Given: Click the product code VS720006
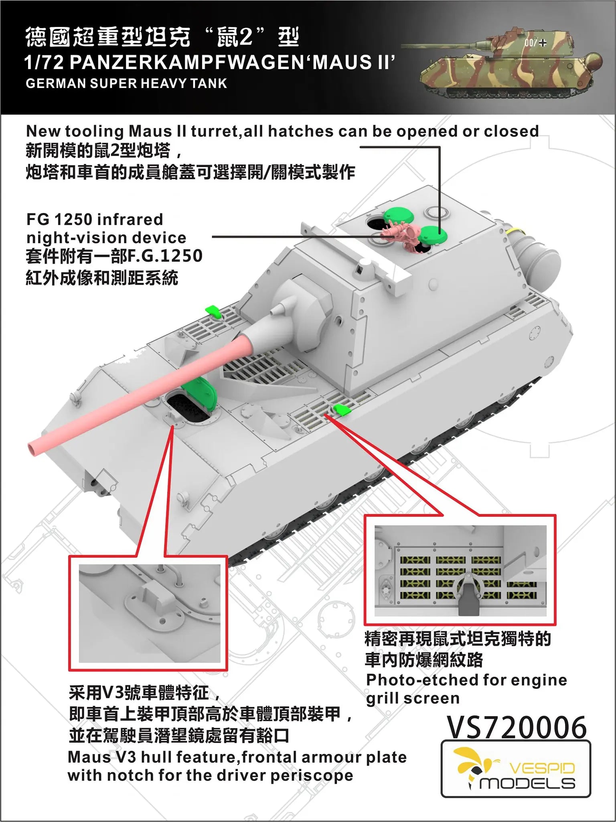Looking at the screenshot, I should coord(517,728).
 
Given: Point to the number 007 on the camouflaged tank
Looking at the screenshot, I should coord(530,43).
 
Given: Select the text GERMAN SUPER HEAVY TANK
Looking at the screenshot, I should coord(126,83).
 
